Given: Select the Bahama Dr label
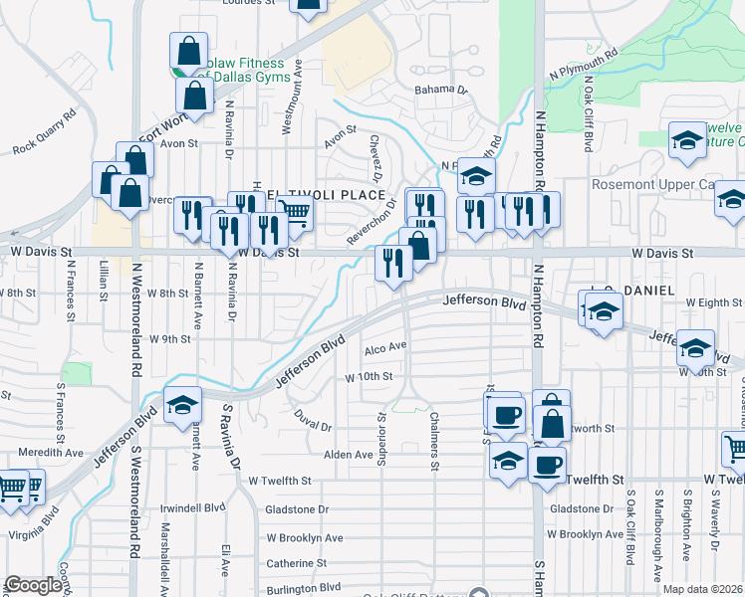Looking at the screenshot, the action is coord(442,91).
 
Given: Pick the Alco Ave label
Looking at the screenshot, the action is coord(385,346).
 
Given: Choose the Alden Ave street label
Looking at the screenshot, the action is coord(348,455).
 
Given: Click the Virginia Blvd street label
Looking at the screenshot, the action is coord(36,523).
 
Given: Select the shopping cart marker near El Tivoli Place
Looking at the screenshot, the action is coord(293,211).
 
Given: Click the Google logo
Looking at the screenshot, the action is coord(33,586).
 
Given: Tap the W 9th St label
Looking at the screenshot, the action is coord(168,339).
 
